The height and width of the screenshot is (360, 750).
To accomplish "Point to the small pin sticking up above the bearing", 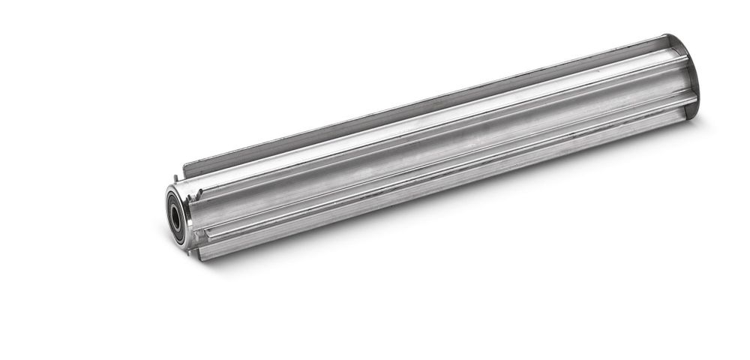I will (175, 178).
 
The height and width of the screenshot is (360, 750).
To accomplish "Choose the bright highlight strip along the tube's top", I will (435, 127).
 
